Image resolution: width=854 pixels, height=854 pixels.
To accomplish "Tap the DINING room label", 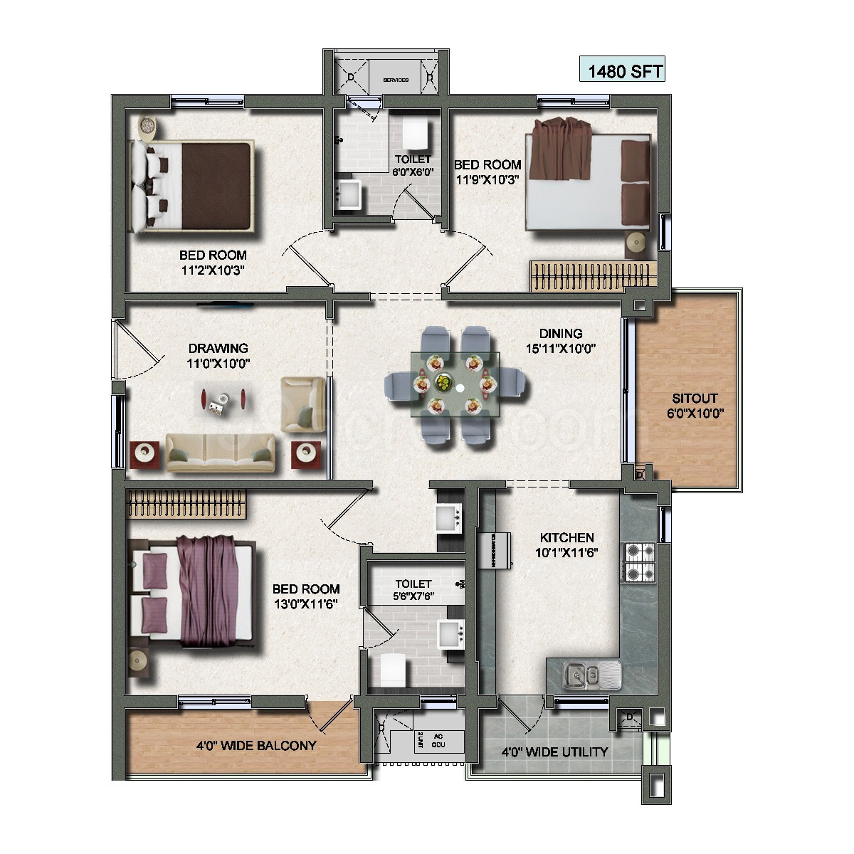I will click(560, 333).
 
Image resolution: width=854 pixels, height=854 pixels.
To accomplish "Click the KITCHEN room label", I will click(566, 537).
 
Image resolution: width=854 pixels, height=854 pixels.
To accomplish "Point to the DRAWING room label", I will click(218, 348).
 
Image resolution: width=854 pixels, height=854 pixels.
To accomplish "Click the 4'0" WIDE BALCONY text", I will click(255, 746).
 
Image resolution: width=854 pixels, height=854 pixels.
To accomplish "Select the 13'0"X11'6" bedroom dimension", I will click(306, 603).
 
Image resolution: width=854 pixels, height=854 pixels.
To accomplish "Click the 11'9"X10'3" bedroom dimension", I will click(488, 179).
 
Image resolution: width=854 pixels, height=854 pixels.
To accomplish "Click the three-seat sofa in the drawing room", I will click(221, 452).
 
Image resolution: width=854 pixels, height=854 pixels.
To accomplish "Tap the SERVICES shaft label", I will click(396, 80).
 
